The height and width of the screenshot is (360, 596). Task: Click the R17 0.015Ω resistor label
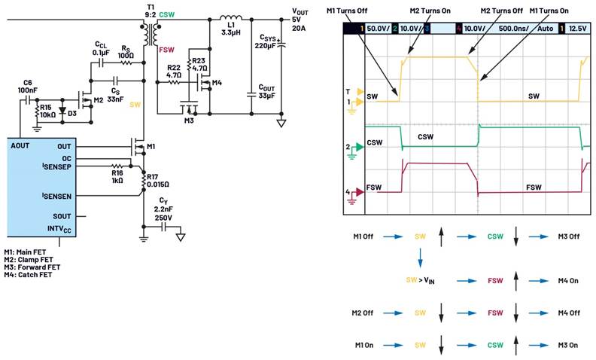(x=158, y=181)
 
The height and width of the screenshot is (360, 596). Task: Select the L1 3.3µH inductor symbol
(x=231, y=17)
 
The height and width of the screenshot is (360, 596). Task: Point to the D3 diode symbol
(x=63, y=111)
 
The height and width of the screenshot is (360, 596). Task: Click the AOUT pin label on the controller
(x=20, y=146)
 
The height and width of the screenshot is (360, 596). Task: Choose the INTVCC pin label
(x=59, y=229)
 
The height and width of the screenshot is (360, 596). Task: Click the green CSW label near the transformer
(x=167, y=15)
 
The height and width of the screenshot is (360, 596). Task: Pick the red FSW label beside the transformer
(x=166, y=50)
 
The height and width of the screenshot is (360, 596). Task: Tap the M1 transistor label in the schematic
(x=151, y=147)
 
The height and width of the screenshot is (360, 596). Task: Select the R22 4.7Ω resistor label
(x=173, y=72)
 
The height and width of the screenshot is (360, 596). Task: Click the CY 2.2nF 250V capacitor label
(x=163, y=209)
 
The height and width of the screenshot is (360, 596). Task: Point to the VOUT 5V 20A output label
(x=300, y=20)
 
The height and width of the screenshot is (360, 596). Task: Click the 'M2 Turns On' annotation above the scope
(x=430, y=11)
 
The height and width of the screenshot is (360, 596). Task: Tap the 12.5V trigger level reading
(x=577, y=29)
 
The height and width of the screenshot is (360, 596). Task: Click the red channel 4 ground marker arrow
(x=359, y=192)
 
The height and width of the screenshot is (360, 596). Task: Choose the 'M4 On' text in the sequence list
(x=568, y=281)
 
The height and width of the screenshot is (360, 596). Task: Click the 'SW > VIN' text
(x=420, y=280)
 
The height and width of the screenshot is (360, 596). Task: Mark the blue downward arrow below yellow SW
(x=420, y=258)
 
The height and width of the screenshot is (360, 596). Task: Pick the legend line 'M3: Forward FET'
(x=32, y=267)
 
